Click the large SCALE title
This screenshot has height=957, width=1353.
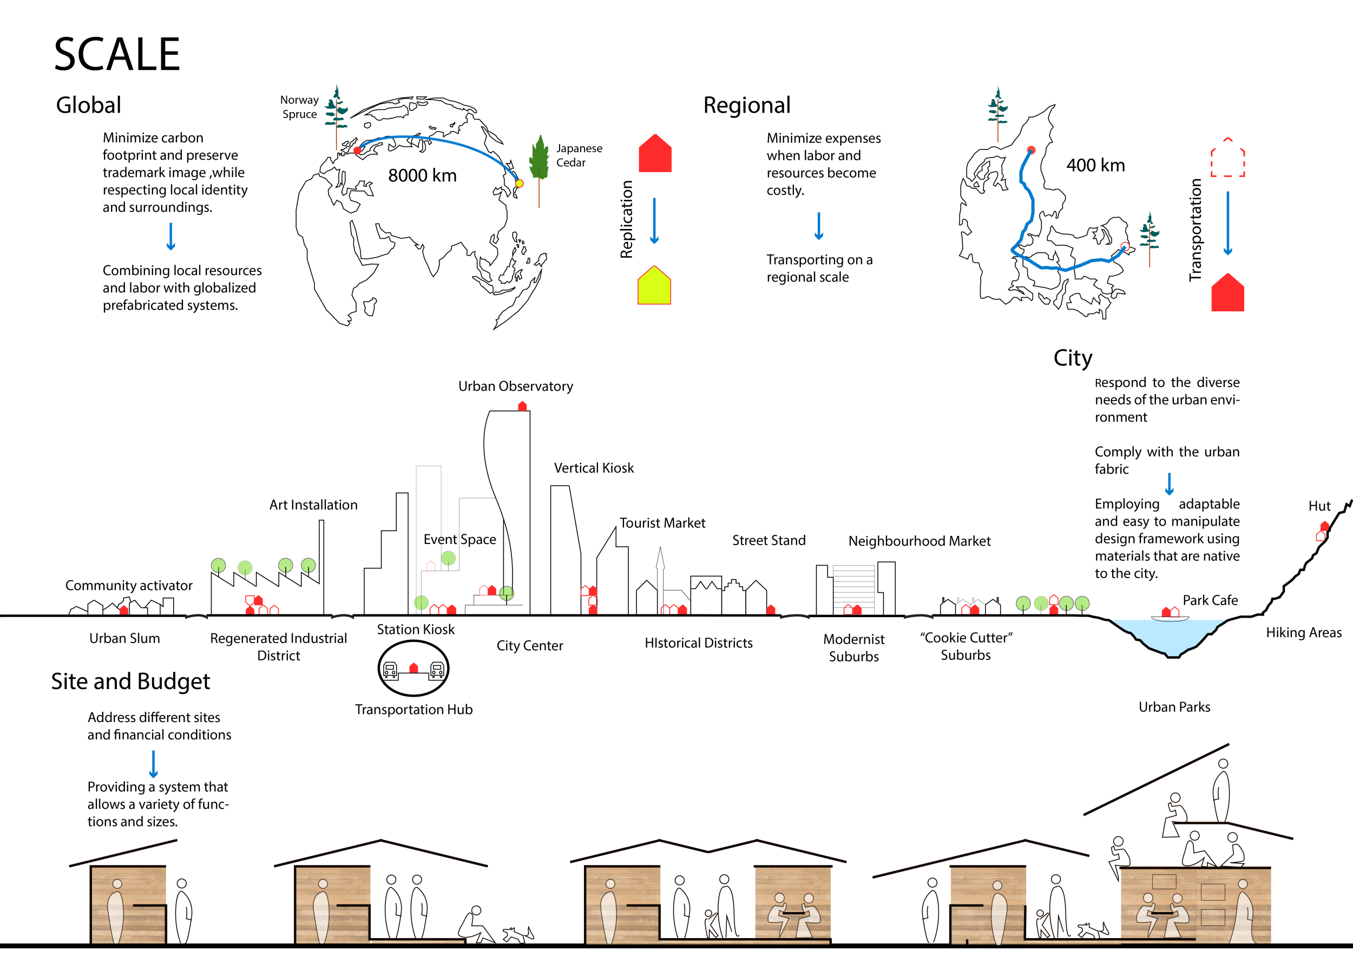tap(117, 54)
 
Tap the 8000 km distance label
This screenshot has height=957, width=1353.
tap(422, 175)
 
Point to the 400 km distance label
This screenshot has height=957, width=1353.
tap(1095, 166)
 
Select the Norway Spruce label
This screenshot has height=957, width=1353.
tap(299, 107)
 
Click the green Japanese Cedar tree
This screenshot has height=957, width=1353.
tap(538, 158)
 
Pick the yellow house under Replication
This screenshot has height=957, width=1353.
tap(654, 286)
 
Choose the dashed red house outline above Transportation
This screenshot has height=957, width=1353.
tap(1227, 158)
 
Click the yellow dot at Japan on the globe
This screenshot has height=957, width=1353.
tap(519, 184)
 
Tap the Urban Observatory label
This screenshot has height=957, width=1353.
tap(516, 386)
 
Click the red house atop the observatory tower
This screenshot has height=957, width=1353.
tap(522, 406)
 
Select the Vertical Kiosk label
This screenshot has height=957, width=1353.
tap(593, 468)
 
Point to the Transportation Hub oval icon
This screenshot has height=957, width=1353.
tap(413, 669)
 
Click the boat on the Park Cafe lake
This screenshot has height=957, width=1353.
tap(1170, 618)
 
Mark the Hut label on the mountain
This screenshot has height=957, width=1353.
tap(1319, 506)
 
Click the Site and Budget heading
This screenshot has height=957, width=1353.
tap(130, 682)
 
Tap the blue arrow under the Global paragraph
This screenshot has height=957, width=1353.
tap(171, 237)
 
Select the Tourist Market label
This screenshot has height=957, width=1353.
tap(662, 523)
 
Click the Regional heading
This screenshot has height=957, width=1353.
tap(747, 106)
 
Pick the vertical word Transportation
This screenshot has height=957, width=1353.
tap(1195, 230)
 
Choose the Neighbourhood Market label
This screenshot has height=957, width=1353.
tap(919, 541)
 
